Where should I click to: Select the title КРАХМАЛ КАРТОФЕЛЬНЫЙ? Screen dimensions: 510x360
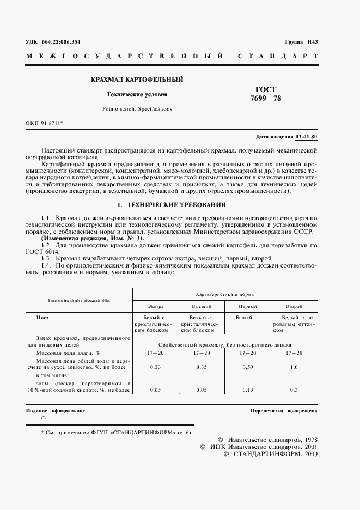click(137, 80)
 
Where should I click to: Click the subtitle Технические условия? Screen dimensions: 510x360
click(137, 94)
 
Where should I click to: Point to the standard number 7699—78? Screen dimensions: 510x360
click(266, 99)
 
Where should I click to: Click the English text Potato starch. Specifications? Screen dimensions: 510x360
click(137, 109)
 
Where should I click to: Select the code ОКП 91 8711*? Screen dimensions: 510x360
click(45, 123)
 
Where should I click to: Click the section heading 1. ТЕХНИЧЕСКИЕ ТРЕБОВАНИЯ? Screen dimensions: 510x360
click(172, 205)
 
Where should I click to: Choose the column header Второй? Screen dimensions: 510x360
click(294, 306)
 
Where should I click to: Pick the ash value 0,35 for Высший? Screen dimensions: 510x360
click(202, 367)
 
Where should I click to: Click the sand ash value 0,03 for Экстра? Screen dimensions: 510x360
click(155, 390)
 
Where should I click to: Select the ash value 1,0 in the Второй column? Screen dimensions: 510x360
click(294, 367)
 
